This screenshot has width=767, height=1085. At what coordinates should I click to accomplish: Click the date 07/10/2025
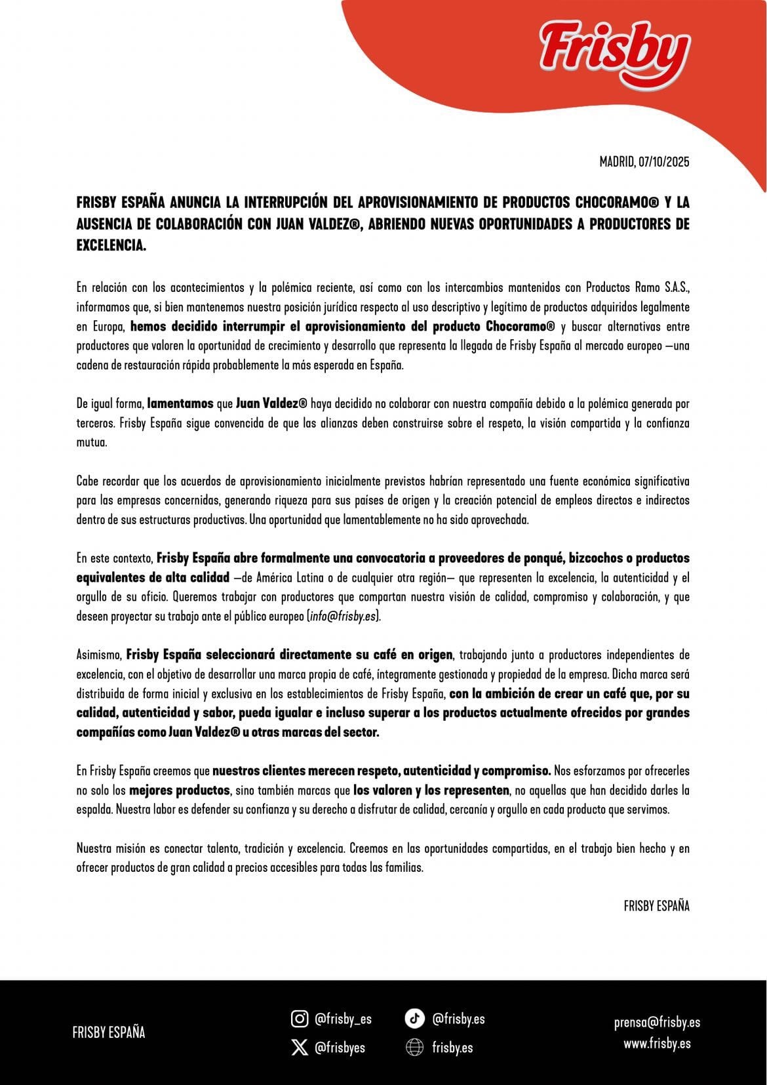[x=663, y=161]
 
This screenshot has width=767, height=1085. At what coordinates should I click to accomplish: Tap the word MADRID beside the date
[x=616, y=161]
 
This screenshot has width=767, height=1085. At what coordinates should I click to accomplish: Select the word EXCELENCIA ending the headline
[x=110, y=245]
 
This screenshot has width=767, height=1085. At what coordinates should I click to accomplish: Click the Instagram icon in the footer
[x=300, y=1018]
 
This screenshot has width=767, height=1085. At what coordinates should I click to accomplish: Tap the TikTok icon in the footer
[x=414, y=1018]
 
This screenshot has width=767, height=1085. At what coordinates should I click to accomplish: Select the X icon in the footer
[x=300, y=1047]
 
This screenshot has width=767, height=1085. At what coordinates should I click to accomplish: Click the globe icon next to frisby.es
[x=414, y=1048]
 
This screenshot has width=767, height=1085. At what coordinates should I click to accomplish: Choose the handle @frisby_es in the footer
[x=343, y=1019]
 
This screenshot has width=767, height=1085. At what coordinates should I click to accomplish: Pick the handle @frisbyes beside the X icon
[x=340, y=1048]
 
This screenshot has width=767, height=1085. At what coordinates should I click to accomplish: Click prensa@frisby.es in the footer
[x=657, y=1022]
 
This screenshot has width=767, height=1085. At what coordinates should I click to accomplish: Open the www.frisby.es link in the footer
[x=657, y=1043]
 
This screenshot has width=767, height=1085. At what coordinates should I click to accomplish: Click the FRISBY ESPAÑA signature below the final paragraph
[x=656, y=906]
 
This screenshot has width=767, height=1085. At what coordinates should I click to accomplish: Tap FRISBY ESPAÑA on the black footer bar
[x=109, y=1032]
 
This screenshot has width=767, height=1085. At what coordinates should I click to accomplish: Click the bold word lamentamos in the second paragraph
[x=180, y=403]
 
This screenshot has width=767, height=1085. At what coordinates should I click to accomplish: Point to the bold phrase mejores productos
[x=180, y=790]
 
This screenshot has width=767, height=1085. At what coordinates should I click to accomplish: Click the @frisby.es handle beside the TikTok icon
[x=458, y=1019]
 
